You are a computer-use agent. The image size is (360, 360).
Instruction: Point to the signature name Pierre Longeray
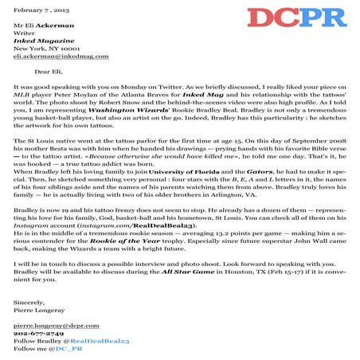point(38,312)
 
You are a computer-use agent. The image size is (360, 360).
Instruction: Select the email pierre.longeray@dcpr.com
point(52,327)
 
